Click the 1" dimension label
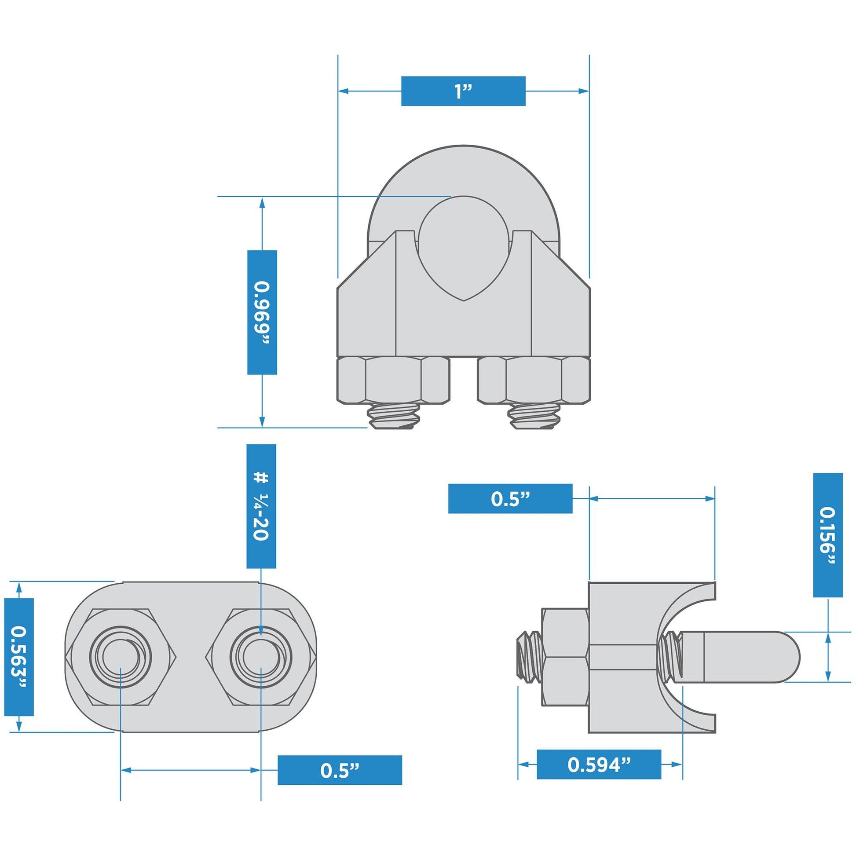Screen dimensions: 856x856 [463, 91]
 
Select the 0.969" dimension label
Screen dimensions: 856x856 [262, 312]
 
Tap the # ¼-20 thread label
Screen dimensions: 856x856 [261, 506]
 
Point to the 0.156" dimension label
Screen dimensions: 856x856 [828, 535]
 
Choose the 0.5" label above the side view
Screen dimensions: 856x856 [510, 499]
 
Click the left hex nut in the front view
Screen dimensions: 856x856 [393, 381]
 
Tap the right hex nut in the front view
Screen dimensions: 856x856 [534, 381]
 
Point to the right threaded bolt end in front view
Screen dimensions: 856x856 [534, 417]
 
